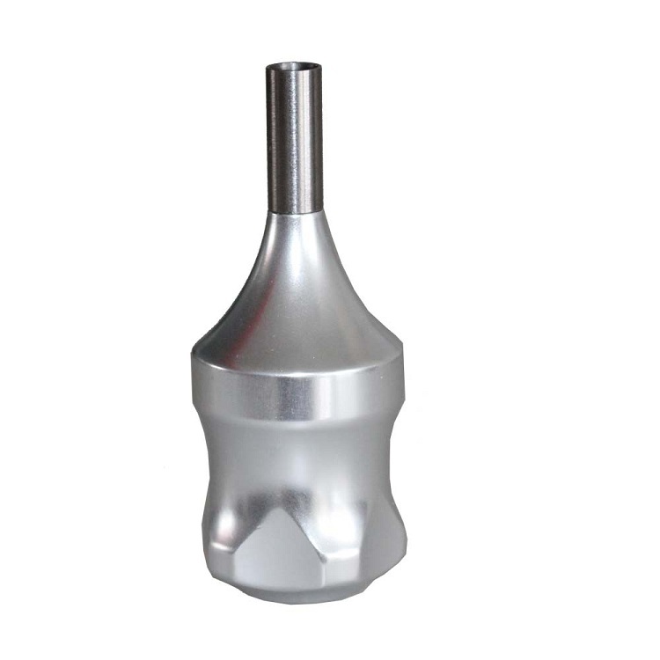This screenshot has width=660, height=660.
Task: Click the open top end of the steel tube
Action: tap(293, 66)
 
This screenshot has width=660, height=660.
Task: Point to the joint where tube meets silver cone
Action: tap(295, 214)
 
